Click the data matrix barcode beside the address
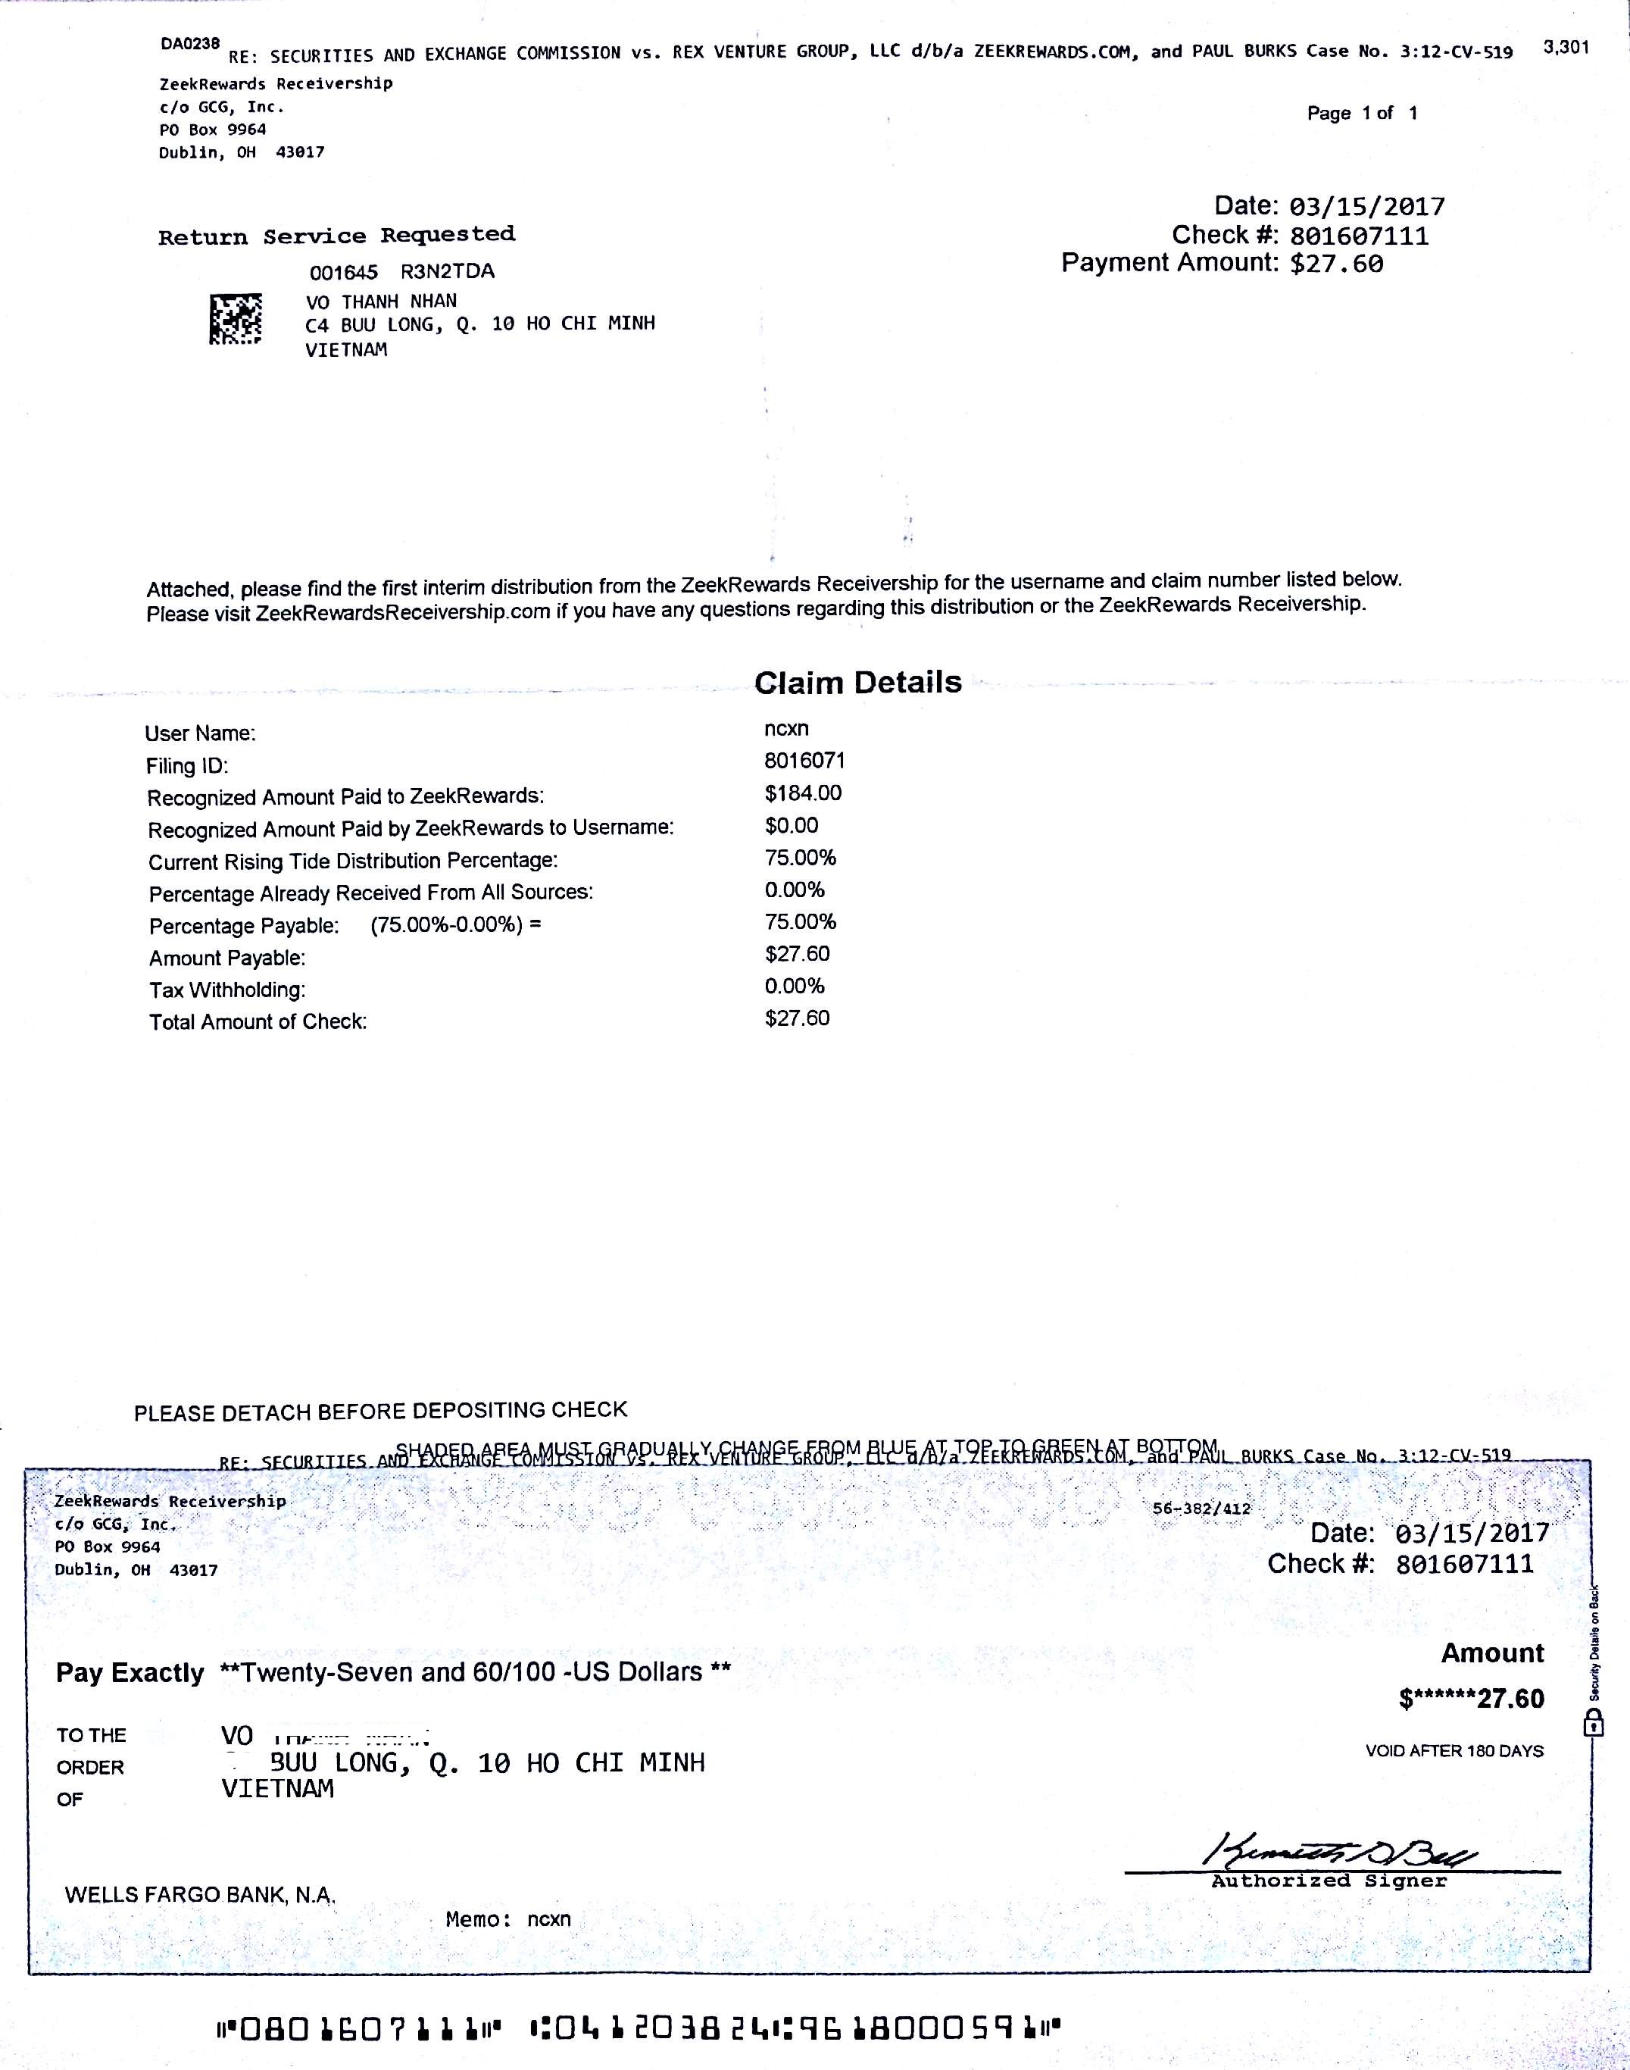pos(235,320)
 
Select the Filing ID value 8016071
pos(804,761)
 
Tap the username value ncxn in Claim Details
pos(785,728)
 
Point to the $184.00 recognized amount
pos(803,793)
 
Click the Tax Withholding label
pos(226,990)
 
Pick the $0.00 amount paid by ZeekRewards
pos(792,826)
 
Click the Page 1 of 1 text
pos(1361,114)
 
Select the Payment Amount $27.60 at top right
pos(1335,264)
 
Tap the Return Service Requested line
pos(336,236)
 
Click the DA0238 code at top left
pos(190,44)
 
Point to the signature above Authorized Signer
pos(1341,1853)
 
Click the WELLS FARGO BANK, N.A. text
pos(199,1894)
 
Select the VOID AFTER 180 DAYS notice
pos(1454,1751)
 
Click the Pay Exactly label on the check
pos(130,1673)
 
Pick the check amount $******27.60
pos(1471,1699)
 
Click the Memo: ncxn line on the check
pos(507,1919)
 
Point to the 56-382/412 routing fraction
pos(1201,1509)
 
